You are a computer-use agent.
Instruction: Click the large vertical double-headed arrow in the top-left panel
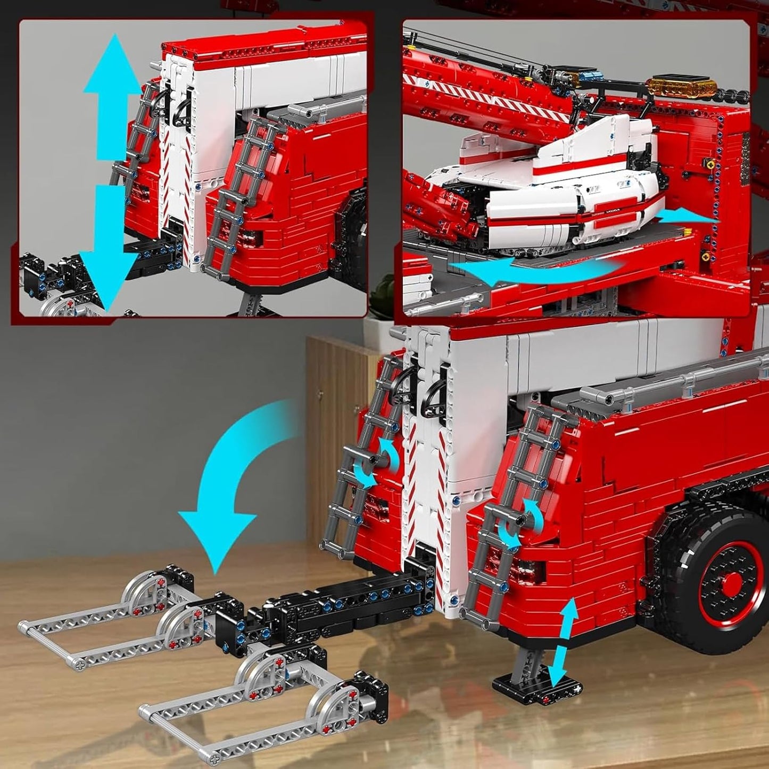click(x=111, y=170)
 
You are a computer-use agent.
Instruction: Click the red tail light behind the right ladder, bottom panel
click(x=527, y=572)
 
